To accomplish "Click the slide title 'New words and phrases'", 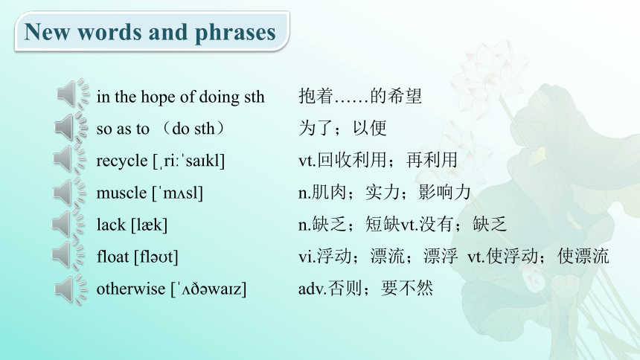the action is [x=150, y=32].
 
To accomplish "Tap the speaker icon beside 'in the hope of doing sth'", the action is [x=73, y=94].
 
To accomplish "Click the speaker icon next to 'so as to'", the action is [x=71, y=127].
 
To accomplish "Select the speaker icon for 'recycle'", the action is [x=70, y=158].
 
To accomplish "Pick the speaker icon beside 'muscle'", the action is [x=69, y=191].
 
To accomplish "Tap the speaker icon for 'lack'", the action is [x=68, y=223].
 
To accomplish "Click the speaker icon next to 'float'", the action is [x=68, y=255].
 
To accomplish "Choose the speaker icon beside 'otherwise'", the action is [x=71, y=289].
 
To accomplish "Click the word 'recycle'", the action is [x=122, y=161].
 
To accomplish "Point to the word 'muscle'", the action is [x=121, y=193].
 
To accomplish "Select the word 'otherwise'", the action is [x=131, y=289].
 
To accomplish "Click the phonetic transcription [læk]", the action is [x=150, y=225].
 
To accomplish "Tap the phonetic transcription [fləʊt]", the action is [x=156, y=257].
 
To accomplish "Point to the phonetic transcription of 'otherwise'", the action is [x=208, y=289].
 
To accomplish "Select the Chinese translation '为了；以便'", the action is [x=342, y=128].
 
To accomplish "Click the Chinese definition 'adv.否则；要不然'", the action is [x=365, y=288].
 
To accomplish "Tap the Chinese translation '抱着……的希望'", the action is [x=360, y=97].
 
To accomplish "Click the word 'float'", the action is [x=112, y=257].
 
